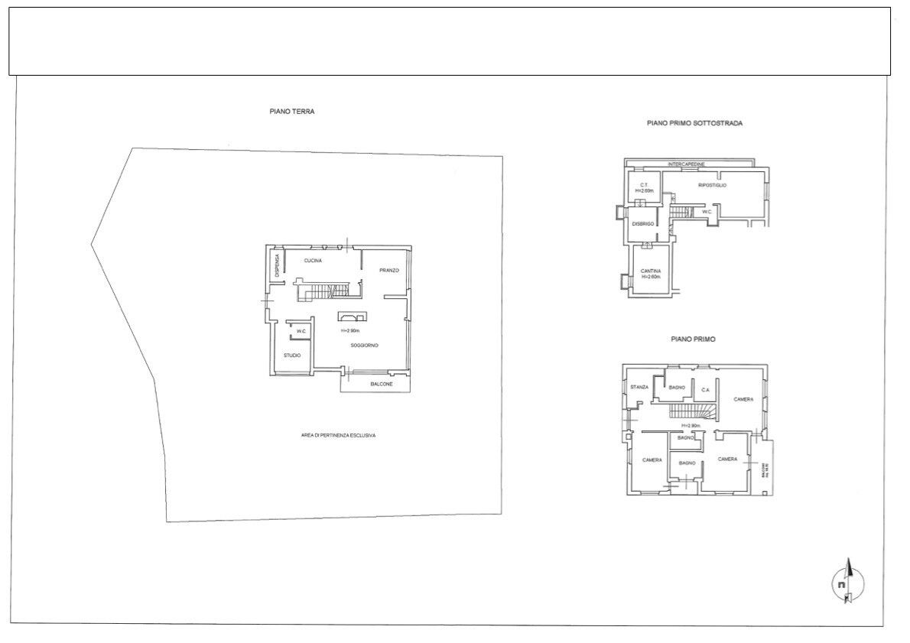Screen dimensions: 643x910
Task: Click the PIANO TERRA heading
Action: point(291,111)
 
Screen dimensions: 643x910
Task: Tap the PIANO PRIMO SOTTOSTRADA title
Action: point(694,122)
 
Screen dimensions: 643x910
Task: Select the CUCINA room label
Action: point(312,261)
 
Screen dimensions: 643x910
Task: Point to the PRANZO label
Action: point(390,271)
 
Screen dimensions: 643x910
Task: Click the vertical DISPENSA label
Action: point(278,265)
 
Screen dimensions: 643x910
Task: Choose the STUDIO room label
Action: point(291,356)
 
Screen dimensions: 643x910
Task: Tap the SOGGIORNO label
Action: point(365,346)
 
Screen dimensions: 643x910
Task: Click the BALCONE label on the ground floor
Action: point(382,384)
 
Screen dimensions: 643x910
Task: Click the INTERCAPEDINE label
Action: point(686,164)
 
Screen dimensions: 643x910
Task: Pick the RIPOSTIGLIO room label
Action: point(712,186)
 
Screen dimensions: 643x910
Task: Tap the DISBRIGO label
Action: point(642,223)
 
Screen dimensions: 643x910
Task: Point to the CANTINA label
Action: point(651,271)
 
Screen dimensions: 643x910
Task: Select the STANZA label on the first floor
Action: point(639,387)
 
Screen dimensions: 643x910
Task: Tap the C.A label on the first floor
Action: point(705,390)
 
